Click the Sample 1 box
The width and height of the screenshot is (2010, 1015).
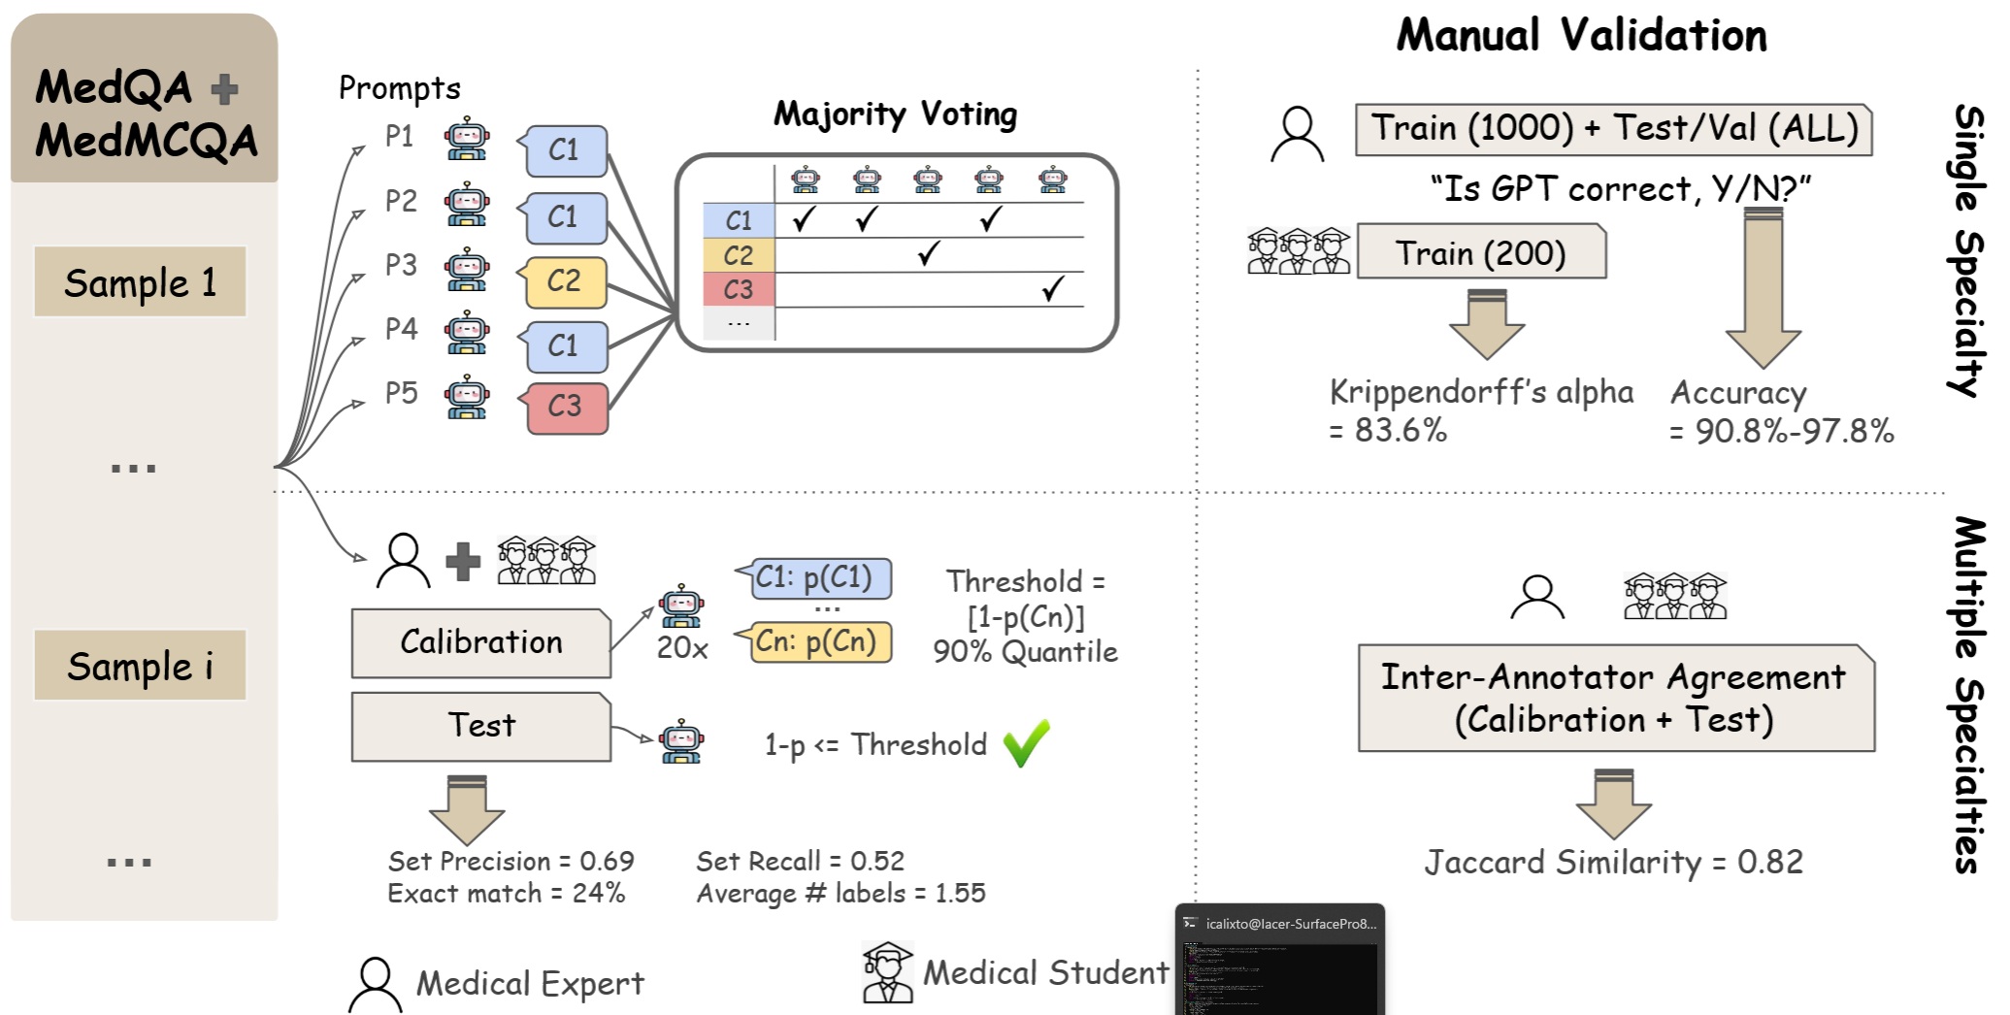pos(140,281)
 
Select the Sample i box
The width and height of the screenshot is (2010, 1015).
pos(140,666)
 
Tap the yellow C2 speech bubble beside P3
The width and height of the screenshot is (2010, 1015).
pos(566,281)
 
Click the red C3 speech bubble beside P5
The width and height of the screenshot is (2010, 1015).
pos(567,406)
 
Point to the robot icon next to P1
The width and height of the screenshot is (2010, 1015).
pos(467,139)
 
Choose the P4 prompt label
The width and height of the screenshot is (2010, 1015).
pos(401,329)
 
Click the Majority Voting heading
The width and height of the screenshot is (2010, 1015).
pos(895,115)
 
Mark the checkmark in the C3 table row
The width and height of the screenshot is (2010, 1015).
pos(1052,288)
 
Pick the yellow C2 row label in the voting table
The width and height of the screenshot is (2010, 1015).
pos(739,255)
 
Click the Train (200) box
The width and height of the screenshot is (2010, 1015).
pos(1481,252)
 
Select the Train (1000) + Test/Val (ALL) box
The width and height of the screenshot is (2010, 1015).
pos(1613,129)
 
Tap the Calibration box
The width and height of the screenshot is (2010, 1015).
pos(481,642)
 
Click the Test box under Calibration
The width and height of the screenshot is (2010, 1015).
pos(481,726)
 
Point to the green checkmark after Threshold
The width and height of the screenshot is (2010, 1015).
pos(1026,743)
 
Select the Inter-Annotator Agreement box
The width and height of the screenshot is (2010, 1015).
pos(1615,698)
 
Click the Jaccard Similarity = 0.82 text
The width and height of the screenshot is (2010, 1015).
pos(1613,862)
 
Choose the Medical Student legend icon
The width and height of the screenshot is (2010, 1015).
pos(887,972)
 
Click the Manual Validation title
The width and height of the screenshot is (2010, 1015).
pos(1581,36)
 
